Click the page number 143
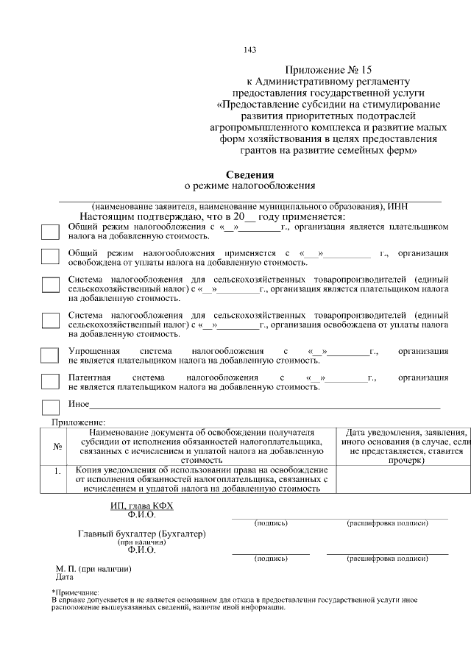249,50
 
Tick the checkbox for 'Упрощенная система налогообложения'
49,355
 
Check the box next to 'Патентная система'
49,381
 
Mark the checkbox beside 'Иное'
49,407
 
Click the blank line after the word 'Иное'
265,407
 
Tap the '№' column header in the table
57,447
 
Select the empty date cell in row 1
403,479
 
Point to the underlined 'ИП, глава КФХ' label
141,506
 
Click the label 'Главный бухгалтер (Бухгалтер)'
141,533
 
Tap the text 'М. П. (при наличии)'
93,569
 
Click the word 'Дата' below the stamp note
65,578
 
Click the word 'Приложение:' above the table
79,422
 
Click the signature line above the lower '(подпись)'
270,553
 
